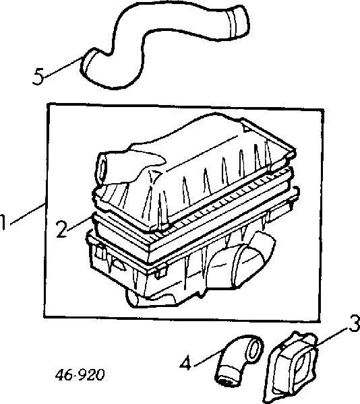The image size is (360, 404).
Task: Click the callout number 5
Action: click(38, 77)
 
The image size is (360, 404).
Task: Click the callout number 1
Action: click(3, 222)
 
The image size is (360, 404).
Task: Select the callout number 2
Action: click(62, 229)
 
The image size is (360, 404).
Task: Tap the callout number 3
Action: click(354, 323)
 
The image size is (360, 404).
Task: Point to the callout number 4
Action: click(186, 363)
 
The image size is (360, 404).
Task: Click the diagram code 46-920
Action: click(80, 375)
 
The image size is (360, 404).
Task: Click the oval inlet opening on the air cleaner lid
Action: click(102, 169)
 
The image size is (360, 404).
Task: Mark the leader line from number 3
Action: click(332, 335)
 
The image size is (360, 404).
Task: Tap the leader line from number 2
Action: click(80, 222)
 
